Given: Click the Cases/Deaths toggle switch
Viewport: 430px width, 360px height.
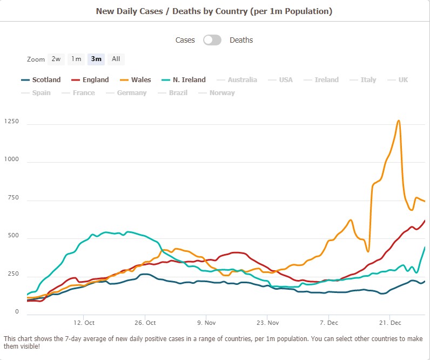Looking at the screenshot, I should click(x=212, y=40).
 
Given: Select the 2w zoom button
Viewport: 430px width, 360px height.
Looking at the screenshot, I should click(x=56, y=59).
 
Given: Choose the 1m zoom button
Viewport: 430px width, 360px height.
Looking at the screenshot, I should click(x=76, y=59).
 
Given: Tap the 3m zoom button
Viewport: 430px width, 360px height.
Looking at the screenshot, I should click(x=96, y=59).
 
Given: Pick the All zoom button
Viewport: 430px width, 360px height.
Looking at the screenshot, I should click(x=116, y=59).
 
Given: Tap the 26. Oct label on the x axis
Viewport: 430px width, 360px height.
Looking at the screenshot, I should click(x=144, y=323).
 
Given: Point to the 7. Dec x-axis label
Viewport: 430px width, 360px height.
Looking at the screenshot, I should click(x=329, y=323).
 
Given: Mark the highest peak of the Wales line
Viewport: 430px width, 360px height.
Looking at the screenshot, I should click(x=399, y=121).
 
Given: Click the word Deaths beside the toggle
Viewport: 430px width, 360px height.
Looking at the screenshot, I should click(x=241, y=40).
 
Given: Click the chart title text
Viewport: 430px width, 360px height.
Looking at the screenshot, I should click(x=214, y=11).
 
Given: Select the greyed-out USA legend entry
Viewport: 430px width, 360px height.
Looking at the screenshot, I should click(x=286, y=80).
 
